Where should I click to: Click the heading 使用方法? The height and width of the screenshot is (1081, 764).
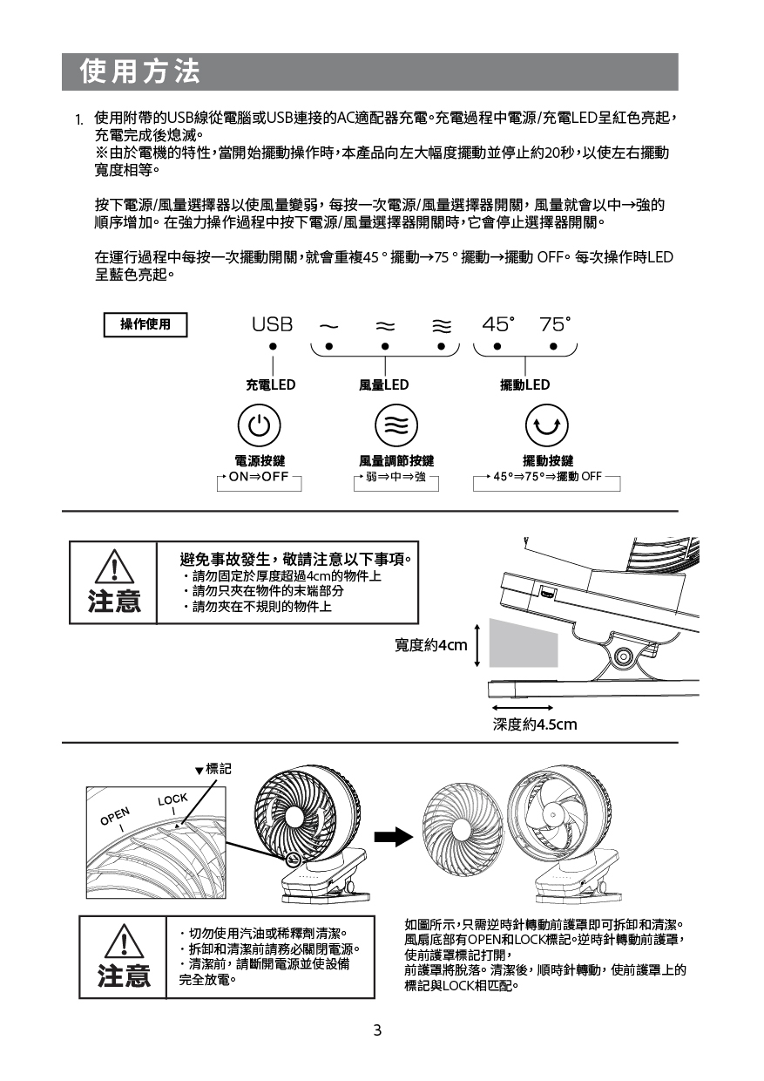(x=139, y=71)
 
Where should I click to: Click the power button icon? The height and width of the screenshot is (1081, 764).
(x=259, y=425)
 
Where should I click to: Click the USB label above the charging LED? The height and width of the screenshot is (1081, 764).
(x=272, y=324)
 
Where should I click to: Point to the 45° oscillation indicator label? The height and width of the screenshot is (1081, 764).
(x=498, y=324)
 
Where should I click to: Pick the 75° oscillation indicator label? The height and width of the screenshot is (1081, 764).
(x=555, y=324)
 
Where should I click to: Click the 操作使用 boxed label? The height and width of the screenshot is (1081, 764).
(x=145, y=325)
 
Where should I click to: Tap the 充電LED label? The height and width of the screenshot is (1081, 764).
(x=270, y=384)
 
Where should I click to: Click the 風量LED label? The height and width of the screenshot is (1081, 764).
(x=383, y=384)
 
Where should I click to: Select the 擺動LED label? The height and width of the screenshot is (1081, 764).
(x=524, y=384)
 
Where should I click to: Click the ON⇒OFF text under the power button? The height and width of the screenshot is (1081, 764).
(x=259, y=477)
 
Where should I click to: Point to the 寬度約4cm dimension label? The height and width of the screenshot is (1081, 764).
(x=430, y=644)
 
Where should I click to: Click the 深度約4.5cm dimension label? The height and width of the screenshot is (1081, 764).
(x=535, y=724)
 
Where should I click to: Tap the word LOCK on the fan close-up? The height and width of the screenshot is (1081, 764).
(x=172, y=799)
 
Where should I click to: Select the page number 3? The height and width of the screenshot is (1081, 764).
(x=377, y=1030)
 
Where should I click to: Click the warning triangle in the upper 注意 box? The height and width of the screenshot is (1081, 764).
(x=113, y=570)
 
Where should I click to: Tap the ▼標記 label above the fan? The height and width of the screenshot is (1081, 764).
(x=213, y=769)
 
